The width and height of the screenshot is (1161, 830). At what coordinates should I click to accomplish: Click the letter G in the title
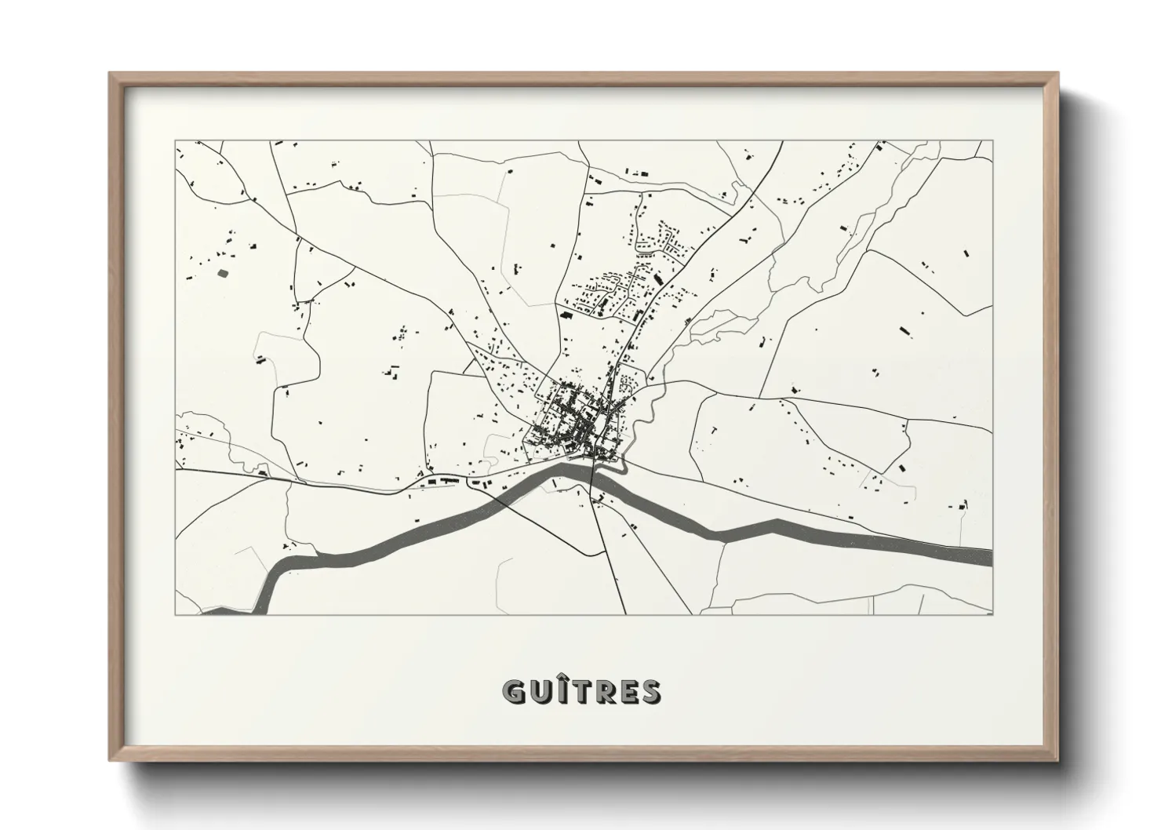516,691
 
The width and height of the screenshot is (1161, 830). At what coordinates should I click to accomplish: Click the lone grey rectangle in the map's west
222,273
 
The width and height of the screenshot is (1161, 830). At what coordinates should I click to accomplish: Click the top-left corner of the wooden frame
111,74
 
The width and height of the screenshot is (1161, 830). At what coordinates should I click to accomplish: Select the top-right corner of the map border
992,141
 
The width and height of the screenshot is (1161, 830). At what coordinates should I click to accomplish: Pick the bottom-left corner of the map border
176,614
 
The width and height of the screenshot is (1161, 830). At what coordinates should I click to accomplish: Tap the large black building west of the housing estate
564,314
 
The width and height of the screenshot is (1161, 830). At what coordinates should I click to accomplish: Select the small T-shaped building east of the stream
715,430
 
